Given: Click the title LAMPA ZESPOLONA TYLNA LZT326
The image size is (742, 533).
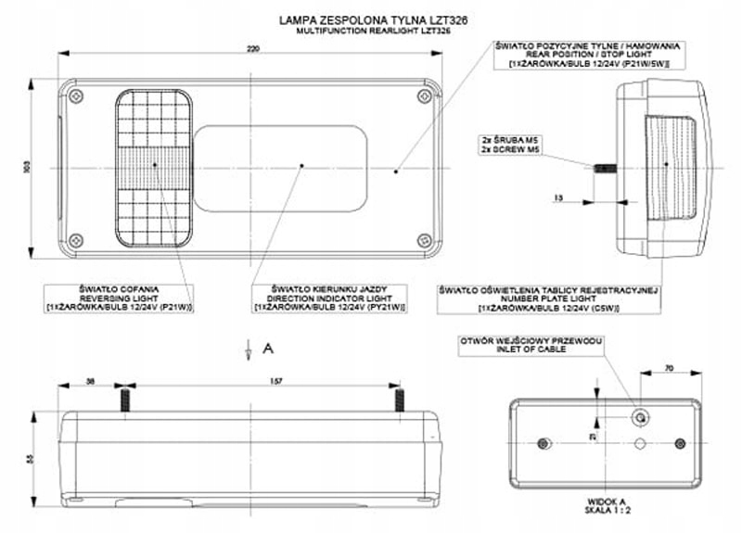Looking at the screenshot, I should [372, 18].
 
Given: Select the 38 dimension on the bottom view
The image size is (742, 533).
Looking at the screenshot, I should [90, 380].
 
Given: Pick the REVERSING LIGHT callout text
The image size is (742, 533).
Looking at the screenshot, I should [119, 297].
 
